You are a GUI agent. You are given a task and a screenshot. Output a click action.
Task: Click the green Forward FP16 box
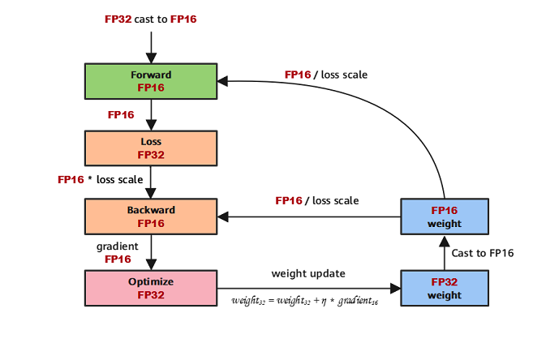151,81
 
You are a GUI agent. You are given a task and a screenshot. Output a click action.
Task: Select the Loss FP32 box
151,148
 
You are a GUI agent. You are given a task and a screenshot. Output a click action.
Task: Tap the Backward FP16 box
151,216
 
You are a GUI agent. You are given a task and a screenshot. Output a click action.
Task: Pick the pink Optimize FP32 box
151,288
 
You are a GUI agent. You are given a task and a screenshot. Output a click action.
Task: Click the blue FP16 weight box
444,216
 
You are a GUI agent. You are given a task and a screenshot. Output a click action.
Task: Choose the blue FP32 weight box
444,289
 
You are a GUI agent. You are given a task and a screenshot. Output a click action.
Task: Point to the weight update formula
305,301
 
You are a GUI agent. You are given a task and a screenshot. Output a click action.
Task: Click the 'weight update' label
307,274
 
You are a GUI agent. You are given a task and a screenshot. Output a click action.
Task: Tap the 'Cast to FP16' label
482,253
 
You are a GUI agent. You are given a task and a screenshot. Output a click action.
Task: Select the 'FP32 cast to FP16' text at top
151,18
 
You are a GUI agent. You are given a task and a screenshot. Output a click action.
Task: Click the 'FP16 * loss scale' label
101,179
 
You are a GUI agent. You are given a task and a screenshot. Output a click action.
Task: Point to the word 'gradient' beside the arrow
117,246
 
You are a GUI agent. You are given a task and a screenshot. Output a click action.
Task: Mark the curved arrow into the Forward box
389,101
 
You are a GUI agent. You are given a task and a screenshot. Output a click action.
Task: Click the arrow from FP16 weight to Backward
308,216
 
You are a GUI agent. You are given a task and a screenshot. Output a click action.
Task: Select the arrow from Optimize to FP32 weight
308,288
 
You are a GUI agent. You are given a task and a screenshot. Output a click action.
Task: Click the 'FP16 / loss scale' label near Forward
325,75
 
